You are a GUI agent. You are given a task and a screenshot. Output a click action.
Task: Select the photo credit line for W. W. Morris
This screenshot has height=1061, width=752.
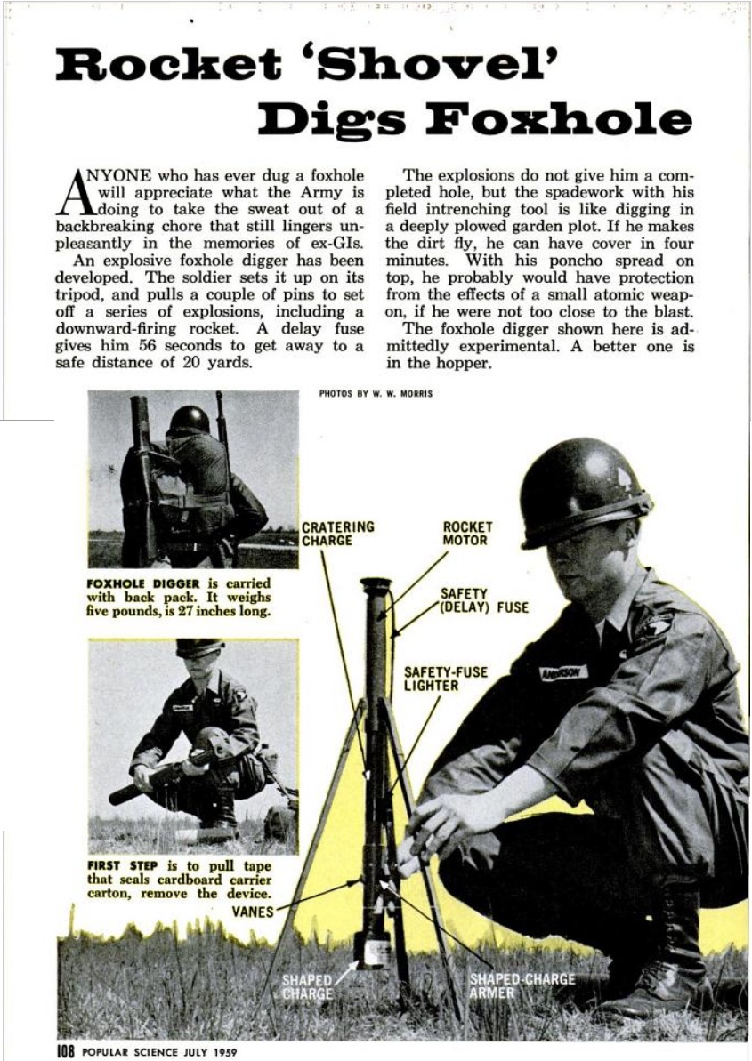376,394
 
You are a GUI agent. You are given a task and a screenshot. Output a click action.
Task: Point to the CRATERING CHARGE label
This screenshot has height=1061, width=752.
337,534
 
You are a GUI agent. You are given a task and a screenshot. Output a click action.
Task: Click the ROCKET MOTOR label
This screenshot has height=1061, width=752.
467,534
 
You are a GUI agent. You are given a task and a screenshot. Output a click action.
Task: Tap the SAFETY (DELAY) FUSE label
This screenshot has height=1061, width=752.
483,600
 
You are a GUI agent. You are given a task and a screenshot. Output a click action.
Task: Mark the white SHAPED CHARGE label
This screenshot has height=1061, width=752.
306,986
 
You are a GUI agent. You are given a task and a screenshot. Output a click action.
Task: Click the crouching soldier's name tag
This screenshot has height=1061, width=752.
563,673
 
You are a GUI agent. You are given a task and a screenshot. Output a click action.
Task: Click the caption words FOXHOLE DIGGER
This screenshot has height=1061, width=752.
126,583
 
